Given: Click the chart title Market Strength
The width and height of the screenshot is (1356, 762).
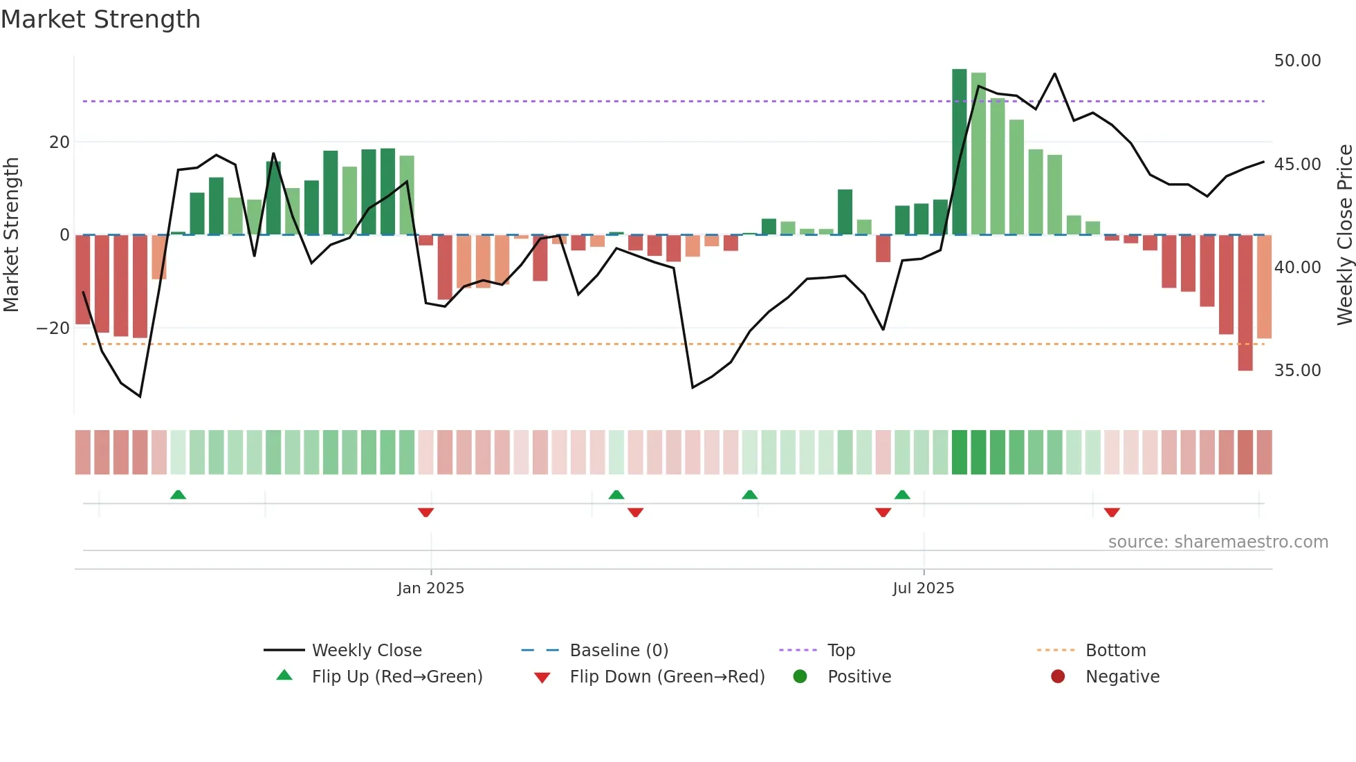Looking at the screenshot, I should pos(100,19).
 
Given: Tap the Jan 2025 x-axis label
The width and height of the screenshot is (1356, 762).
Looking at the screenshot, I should pos(430,588).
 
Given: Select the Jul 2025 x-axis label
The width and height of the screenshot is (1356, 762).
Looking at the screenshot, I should pos(923,588).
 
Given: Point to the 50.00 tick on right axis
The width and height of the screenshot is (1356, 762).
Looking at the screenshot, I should pos(1297,61).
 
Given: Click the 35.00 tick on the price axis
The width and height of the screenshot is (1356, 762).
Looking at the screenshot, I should pos(1297,371).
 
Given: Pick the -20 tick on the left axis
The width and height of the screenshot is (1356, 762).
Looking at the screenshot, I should pos(53,328).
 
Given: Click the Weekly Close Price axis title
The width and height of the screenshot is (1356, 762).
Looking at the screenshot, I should pos(1344,235).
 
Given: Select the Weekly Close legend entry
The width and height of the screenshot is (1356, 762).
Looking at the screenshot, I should pos(366,651).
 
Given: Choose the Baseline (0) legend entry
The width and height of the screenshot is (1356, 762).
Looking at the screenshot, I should pos(619,651).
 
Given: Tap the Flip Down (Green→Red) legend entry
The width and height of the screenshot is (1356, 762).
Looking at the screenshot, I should pos(667,677).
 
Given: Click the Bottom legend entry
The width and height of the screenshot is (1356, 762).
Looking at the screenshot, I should pos(1115,651).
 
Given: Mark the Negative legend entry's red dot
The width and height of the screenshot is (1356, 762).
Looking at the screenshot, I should pos(1058,677).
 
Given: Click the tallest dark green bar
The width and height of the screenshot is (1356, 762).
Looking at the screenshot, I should pos(959,152).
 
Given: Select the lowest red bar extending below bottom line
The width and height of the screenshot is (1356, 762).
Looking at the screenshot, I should pos(1245,304).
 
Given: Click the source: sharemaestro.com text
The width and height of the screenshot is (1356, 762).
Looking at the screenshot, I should pos(1218,542).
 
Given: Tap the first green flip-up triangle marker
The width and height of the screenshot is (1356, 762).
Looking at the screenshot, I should pos(178,494).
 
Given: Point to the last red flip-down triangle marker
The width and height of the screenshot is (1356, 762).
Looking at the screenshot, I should pos(1112,512).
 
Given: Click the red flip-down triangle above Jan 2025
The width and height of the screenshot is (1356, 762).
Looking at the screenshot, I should pos(425,512).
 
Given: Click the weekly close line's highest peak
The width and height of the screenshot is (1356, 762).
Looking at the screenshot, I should pos(1054,74).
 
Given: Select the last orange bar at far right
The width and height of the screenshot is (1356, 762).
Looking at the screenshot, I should pos(1264,287).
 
